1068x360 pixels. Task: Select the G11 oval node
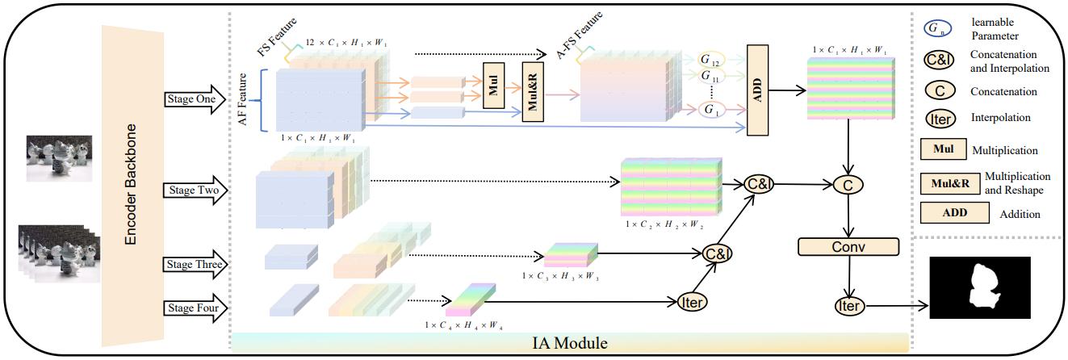coord(710,78)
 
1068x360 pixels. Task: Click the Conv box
coord(847,247)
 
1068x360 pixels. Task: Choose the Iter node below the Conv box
coord(848,305)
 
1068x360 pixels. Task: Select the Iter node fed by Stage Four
coord(692,301)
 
